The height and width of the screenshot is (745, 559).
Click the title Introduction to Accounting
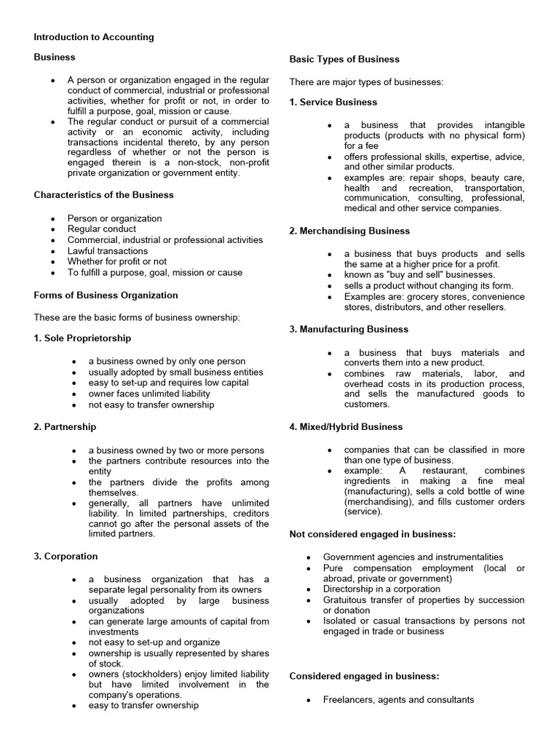click(x=94, y=37)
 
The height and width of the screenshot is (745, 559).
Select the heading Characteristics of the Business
click(x=104, y=195)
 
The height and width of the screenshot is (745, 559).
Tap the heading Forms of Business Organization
click(x=106, y=295)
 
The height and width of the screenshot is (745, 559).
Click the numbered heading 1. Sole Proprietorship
click(x=82, y=338)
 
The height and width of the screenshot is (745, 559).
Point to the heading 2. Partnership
click(x=65, y=427)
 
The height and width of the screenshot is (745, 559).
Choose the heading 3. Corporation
click(x=66, y=557)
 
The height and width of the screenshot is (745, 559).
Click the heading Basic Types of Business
click(x=344, y=59)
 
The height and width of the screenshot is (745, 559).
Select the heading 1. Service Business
click(x=333, y=102)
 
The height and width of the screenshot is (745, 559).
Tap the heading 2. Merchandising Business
click(x=349, y=231)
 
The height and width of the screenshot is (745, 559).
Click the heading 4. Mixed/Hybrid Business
click(x=346, y=427)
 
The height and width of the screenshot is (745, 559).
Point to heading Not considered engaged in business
click(x=373, y=535)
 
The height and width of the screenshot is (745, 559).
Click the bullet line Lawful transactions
click(x=108, y=251)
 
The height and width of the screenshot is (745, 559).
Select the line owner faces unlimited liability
click(x=149, y=394)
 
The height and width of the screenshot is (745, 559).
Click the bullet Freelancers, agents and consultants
click(x=398, y=700)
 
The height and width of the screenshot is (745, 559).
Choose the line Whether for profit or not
click(x=117, y=262)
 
